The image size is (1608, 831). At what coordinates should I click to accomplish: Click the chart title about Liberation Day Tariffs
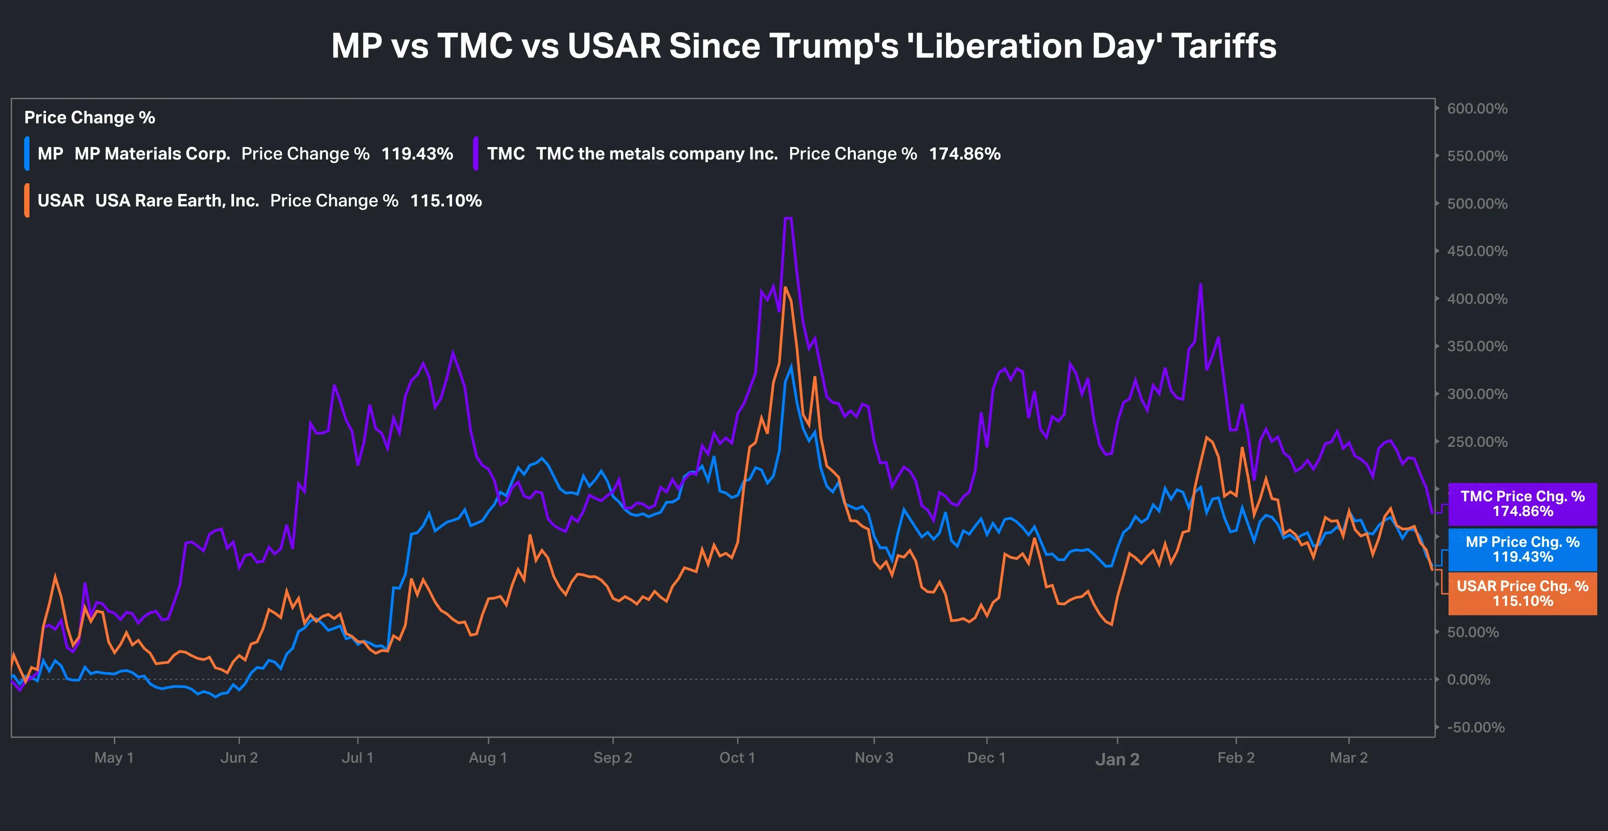click(804, 46)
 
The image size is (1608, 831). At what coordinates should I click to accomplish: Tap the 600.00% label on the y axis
click(1477, 109)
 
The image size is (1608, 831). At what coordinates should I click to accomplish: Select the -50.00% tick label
click(1476, 727)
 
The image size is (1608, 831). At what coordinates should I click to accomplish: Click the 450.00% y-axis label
click(1477, 251)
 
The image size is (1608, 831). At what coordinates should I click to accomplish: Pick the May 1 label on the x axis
click(113, 757)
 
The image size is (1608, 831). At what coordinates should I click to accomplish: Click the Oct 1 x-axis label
click(737, 757)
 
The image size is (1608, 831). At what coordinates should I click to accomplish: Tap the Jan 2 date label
click(1118, 759)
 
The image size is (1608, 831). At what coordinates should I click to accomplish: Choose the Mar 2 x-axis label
click(1348, 757)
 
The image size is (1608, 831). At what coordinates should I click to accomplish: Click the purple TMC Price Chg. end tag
click(1523, 504)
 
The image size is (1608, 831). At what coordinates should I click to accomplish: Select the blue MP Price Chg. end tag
click(1523, 550)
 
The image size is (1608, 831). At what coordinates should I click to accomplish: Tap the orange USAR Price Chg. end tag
click(1523, 594)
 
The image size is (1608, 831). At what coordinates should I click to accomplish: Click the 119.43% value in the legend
click(417, 154)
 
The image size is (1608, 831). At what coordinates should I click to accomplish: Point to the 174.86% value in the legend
click(964, 154)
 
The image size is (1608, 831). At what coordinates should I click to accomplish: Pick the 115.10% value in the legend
click(446, 201)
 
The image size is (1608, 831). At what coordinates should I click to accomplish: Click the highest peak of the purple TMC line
click(788, 218)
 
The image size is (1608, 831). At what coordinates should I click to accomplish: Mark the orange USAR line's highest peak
click(785, 288)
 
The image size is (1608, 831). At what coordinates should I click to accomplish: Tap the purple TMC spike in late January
click(1200, 285)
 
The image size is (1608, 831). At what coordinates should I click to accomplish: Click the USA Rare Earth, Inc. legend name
click(176, 201)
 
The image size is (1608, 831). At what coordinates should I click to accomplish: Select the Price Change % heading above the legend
click(90, 118)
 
